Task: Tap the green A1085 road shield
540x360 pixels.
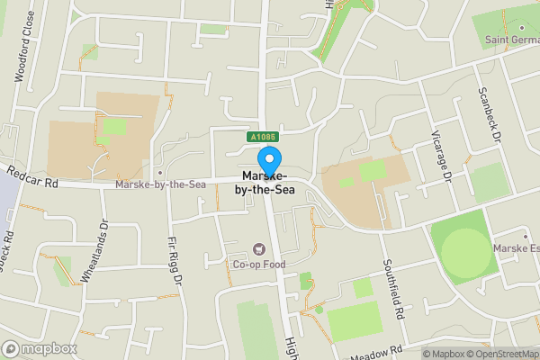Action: click(263, 137)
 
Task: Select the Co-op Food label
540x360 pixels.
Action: click(260, 265)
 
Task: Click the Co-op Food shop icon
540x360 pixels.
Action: click(260, 249)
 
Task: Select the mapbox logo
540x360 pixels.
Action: click(40, 348)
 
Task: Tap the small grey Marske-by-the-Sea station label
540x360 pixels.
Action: click(162, 184)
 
